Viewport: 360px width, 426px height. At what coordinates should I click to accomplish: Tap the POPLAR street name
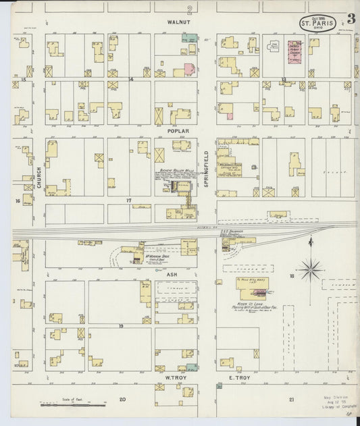tap(180, 131)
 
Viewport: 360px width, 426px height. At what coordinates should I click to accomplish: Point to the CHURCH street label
tap(39, 178)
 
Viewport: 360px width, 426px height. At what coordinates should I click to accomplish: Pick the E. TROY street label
tap(240, 377)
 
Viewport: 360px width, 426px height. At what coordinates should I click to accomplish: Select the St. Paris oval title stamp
tap(317, 23)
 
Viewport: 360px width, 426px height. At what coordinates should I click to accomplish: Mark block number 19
tap(122, 326)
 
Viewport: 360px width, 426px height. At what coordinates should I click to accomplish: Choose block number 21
tap(291, 400)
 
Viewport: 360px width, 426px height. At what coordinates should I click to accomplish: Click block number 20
tap(122, 400)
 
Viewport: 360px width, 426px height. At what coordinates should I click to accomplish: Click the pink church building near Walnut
tap(294, 54)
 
